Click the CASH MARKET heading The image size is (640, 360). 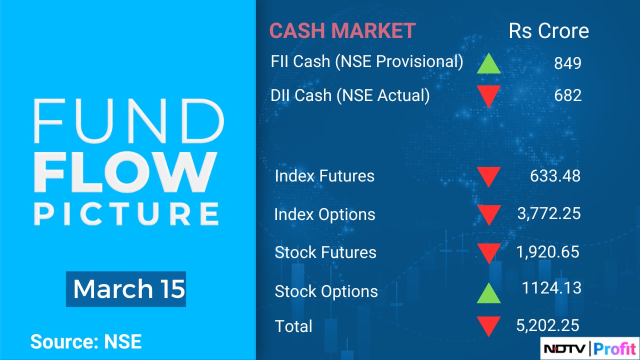tap(342, 30)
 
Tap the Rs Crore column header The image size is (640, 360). tap(548, 30)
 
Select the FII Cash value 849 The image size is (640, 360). tap(567, 63)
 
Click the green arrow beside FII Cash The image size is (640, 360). tap(488, 63)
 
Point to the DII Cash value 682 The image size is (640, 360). tap(567, 95)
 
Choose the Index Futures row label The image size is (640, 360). tap(324, 175)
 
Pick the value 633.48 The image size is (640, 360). tap(555, 175)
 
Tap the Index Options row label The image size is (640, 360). tap(324, 214)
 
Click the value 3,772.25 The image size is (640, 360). tap(549, 213)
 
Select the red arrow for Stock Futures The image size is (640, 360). tap(488, 253)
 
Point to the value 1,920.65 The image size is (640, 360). tap(547, 252)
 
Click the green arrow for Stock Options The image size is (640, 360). tap(488, 293)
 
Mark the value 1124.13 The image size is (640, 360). tap(551, 287)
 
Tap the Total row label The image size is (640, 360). tap(293, 326)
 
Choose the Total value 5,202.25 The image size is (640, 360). tap(547, 325)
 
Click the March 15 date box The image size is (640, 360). tap(126, 289)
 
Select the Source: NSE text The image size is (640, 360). tap(86, 341)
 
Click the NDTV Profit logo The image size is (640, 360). tap(589, 348)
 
